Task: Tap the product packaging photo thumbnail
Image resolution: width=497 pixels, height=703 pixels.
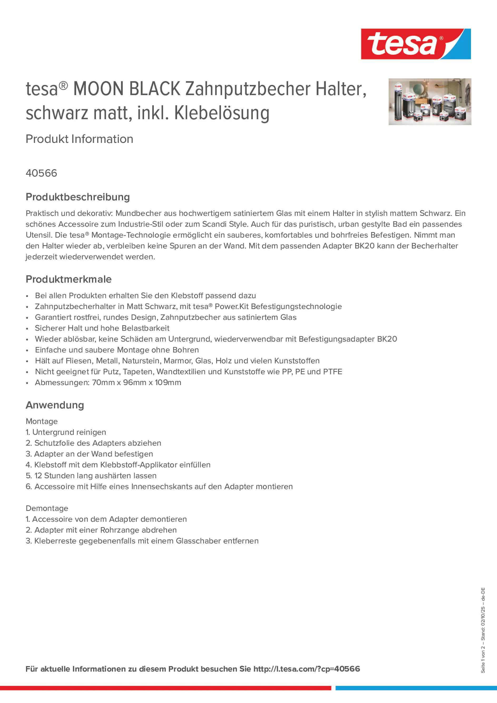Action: pos(430,102)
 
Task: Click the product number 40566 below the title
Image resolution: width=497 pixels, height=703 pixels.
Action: pos(41,173)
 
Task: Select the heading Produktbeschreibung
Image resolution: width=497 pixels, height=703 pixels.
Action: pos(77,197)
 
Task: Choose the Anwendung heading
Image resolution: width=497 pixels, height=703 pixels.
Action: pos(55,405)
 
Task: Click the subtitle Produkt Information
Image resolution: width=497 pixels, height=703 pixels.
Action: pos(79,139)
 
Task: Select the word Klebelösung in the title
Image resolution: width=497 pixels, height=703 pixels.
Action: pos(222,113)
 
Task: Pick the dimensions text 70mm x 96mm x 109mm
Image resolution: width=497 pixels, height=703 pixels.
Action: pos(136,383)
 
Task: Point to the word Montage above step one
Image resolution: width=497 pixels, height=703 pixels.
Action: pos(42,422)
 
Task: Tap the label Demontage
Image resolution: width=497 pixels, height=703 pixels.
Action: pos(47,508)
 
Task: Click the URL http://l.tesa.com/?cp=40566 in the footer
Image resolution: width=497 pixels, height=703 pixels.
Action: pos(306,669)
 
